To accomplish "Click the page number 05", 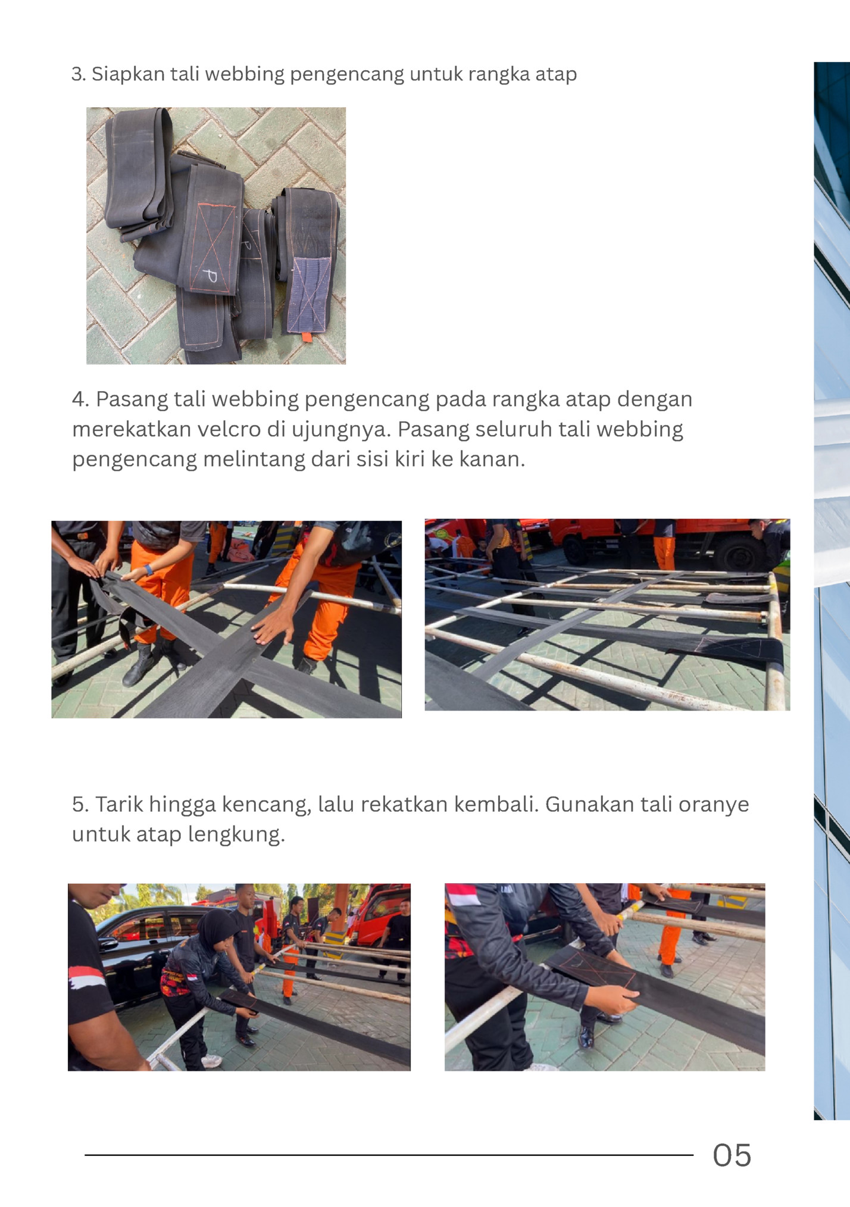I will [732, 1155].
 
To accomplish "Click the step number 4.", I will [80, 399].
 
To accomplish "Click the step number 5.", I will [80, 804].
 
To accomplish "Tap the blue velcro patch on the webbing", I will [309, 294].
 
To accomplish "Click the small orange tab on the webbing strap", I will [307, 337].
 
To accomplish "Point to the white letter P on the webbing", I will [210, 276].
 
